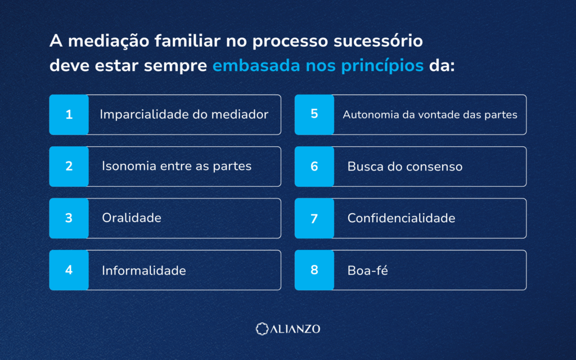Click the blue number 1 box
(x=69, y=115)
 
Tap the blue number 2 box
(x=69, y=166)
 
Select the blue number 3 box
(x=69, y=218)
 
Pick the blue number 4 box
(x=69, y=270)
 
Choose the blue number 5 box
(x=314, y=115)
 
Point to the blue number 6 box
(x=314, y=166)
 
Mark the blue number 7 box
(x=314, y=218)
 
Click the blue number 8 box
(x=314, y=270)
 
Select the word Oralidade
(x=132, y=218)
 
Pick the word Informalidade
(x=144, y=271)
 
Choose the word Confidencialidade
(x=401, y=218)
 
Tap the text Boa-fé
(x=368, y=271)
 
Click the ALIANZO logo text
(x=295, y=328)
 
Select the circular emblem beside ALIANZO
(x=262, y=328)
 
